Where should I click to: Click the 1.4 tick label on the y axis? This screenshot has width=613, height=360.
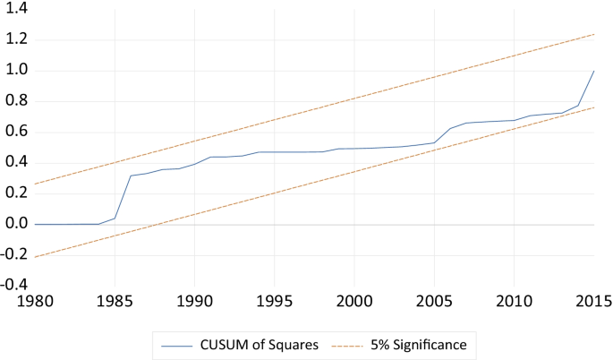pos(15,9)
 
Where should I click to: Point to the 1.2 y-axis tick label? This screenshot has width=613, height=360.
pos(15,39)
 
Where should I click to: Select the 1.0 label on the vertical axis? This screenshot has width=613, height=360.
pos(15,70)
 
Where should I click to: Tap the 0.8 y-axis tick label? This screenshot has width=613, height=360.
pos(15,101)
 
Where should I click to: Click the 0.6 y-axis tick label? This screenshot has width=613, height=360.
pos(15,132)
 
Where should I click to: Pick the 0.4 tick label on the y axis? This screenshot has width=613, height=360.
pos(15,163)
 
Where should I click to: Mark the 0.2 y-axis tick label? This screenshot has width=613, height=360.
pos(15,193)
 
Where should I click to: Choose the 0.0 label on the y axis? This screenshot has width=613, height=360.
pos(15,224)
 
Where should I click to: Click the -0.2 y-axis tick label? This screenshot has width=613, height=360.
pos(13,255)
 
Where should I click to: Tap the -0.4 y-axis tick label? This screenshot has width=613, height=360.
pos(13,286)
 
